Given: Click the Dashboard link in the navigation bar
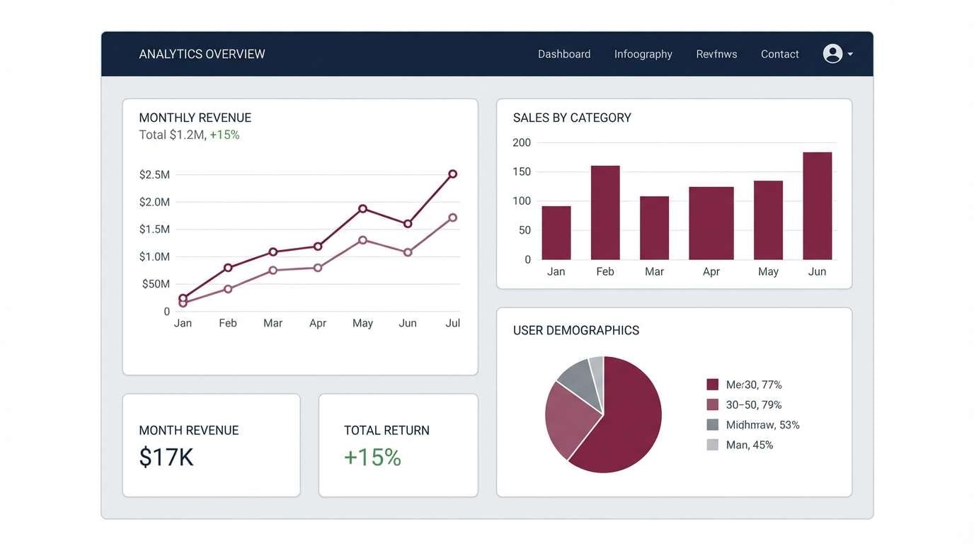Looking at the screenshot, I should point(563,54).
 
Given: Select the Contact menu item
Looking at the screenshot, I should point(779,54).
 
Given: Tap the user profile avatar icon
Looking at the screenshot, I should point(832,54).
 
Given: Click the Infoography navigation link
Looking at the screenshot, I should point(643,54).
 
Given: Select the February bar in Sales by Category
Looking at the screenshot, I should point(605,212).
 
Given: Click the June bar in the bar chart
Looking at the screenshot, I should point(817,205).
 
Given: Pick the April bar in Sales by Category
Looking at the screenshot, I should point(711,223).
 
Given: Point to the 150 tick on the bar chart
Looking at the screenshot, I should point(522,171).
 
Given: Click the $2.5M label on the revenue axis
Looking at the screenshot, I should point(154,174).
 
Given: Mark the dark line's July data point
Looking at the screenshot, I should point(452,174).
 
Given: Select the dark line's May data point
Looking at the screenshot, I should point(362,208).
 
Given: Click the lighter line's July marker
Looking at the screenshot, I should point(452,217).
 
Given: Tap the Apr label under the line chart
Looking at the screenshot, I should point(318,323).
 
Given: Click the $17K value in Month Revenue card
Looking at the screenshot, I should point(166,457).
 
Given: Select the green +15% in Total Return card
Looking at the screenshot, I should point(372,457).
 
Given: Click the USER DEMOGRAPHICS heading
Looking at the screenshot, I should point(575,330).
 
